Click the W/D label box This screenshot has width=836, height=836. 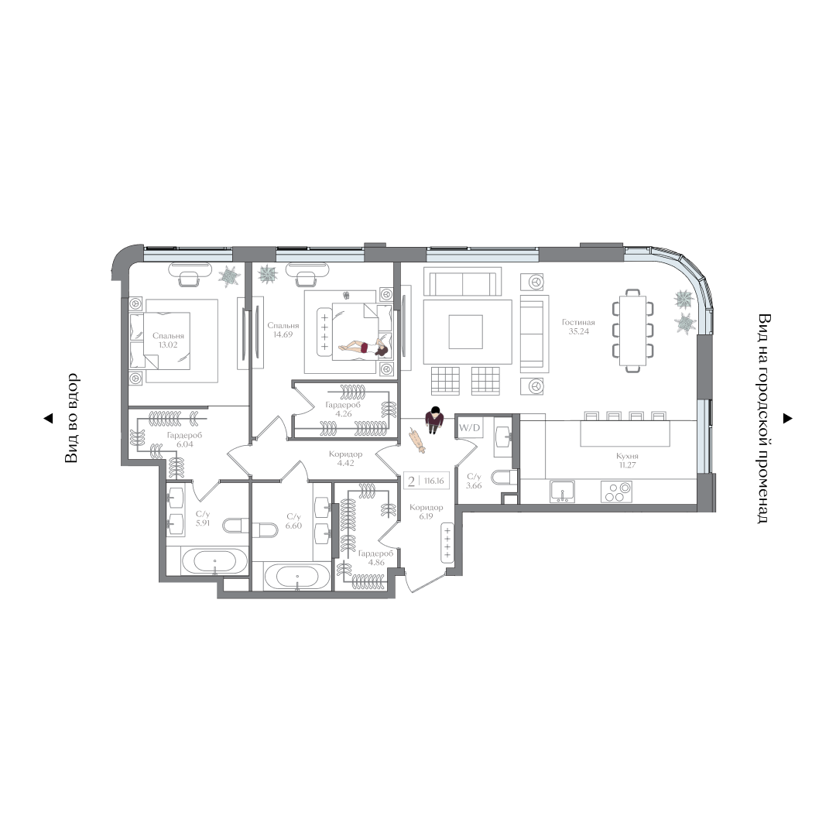point(469,427)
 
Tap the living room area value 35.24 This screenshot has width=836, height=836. point(578,331)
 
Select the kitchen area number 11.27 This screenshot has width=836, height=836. point(627,465)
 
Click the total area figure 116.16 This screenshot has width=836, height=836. point(434,481)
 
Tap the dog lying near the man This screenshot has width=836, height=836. point(416,440)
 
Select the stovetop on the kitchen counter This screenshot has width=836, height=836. point(616,492)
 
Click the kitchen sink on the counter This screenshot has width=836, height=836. point(563,492)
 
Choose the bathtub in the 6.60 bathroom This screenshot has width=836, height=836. point(296,577)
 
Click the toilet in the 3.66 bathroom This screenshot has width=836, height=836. point(503,477)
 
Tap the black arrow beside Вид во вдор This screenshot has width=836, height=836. point(48,419)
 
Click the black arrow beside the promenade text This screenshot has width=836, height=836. point(787,419)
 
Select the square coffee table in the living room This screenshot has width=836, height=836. point(465,331)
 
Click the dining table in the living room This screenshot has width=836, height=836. point(633,331)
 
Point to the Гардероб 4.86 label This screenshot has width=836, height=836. point(376,557)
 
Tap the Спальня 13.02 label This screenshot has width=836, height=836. point(168,340)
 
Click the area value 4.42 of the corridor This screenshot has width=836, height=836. point(345,464)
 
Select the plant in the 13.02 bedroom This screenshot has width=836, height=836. point(230,275)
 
